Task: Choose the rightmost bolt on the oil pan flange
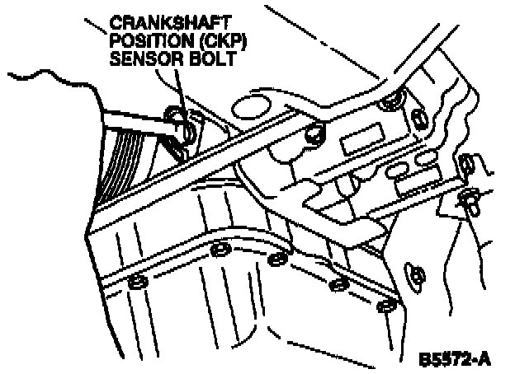tap(384, 309)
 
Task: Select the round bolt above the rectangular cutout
tap(389, 103)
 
